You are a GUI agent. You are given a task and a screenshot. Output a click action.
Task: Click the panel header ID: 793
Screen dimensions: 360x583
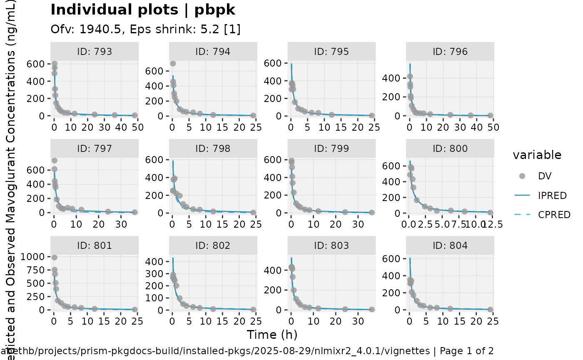94,52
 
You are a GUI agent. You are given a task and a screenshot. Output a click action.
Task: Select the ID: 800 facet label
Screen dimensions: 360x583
450,149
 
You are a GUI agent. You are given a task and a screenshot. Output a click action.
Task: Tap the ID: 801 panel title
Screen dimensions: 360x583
94,246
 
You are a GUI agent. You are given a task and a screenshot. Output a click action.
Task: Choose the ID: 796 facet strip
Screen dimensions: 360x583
450,52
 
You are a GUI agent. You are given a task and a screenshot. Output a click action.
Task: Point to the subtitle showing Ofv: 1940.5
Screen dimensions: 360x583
145,29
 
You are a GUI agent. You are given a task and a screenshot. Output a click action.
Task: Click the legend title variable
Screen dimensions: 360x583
537,155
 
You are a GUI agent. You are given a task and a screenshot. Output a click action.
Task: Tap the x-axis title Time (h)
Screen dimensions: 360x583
272,335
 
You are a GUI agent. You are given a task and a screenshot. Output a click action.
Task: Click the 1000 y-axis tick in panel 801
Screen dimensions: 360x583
35,256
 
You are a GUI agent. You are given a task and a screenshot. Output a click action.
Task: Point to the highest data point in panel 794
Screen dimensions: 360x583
173,63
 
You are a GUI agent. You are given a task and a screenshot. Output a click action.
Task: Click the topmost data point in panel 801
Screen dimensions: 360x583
54,257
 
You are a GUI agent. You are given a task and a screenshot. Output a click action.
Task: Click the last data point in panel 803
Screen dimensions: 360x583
371,309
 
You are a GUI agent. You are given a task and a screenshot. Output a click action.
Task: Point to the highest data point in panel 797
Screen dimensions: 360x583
54,161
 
